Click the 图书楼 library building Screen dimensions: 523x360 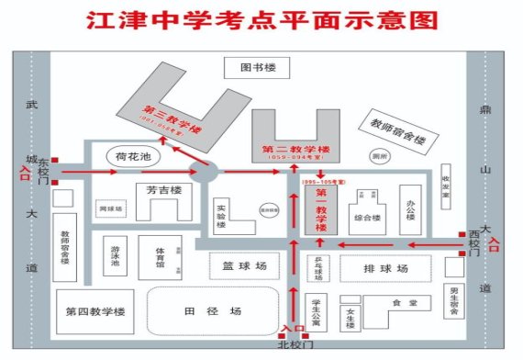pos(258,67)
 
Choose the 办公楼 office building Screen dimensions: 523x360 pos(408,212)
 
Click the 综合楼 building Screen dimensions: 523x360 pos(367,218)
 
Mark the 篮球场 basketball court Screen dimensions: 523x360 pos(244,265)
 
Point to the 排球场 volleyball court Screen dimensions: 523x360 pos(385,268)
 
